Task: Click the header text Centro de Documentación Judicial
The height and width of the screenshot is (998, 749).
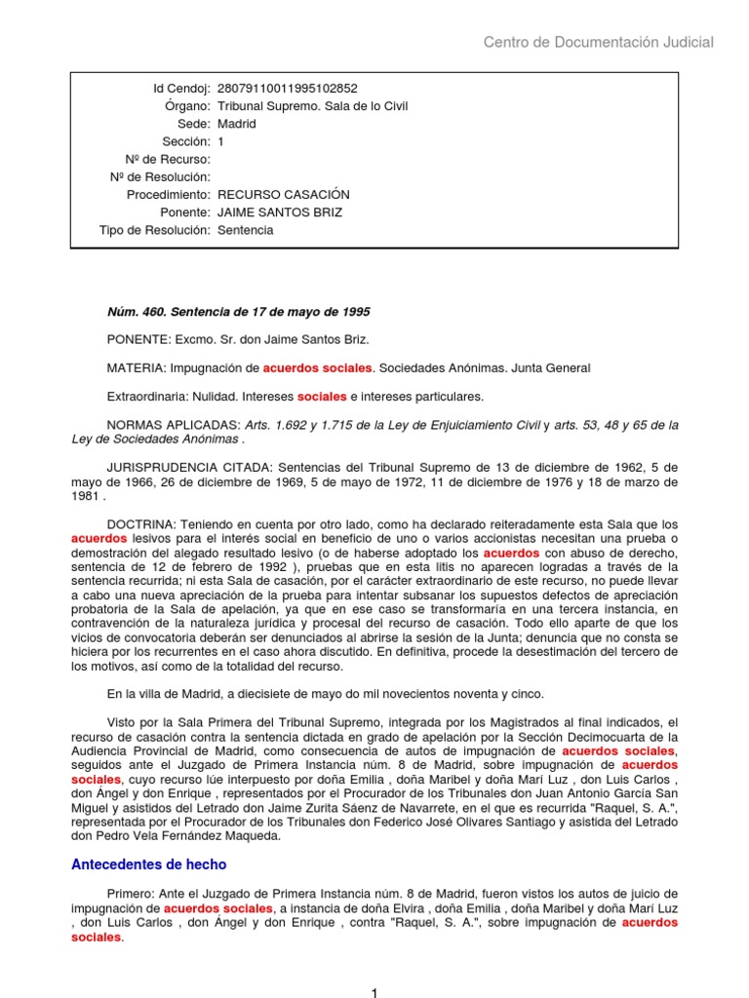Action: [x=599, y=42]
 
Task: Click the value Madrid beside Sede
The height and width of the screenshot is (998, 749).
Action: [x=237, y=124]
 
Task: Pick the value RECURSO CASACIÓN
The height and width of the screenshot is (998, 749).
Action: [x=283, y=195]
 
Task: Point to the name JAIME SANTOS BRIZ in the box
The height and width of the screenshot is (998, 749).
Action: [x=280, y=212]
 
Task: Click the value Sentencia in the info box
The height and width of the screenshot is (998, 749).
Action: [x=245, y=230]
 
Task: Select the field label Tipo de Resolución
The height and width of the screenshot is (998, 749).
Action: [x=154, y=230]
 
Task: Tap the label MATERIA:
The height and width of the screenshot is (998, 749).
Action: [x=137, y=367]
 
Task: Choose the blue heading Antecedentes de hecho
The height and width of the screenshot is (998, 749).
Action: [x=149, y=864]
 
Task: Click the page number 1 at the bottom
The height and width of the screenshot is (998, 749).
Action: [x=374, y=991]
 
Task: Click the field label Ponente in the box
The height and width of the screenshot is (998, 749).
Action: [x=185, y=212]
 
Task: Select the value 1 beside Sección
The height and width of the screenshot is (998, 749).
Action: [x=220, y=142]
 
